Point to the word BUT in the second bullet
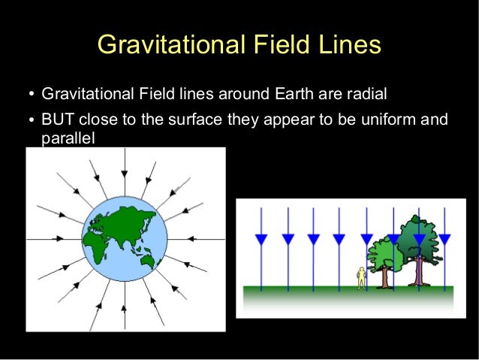point(57,120)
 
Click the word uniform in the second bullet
point(388,120)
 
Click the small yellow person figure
point(361,277)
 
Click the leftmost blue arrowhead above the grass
point(261,239)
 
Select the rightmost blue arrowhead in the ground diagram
point(444,239)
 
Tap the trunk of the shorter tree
point(386,277)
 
